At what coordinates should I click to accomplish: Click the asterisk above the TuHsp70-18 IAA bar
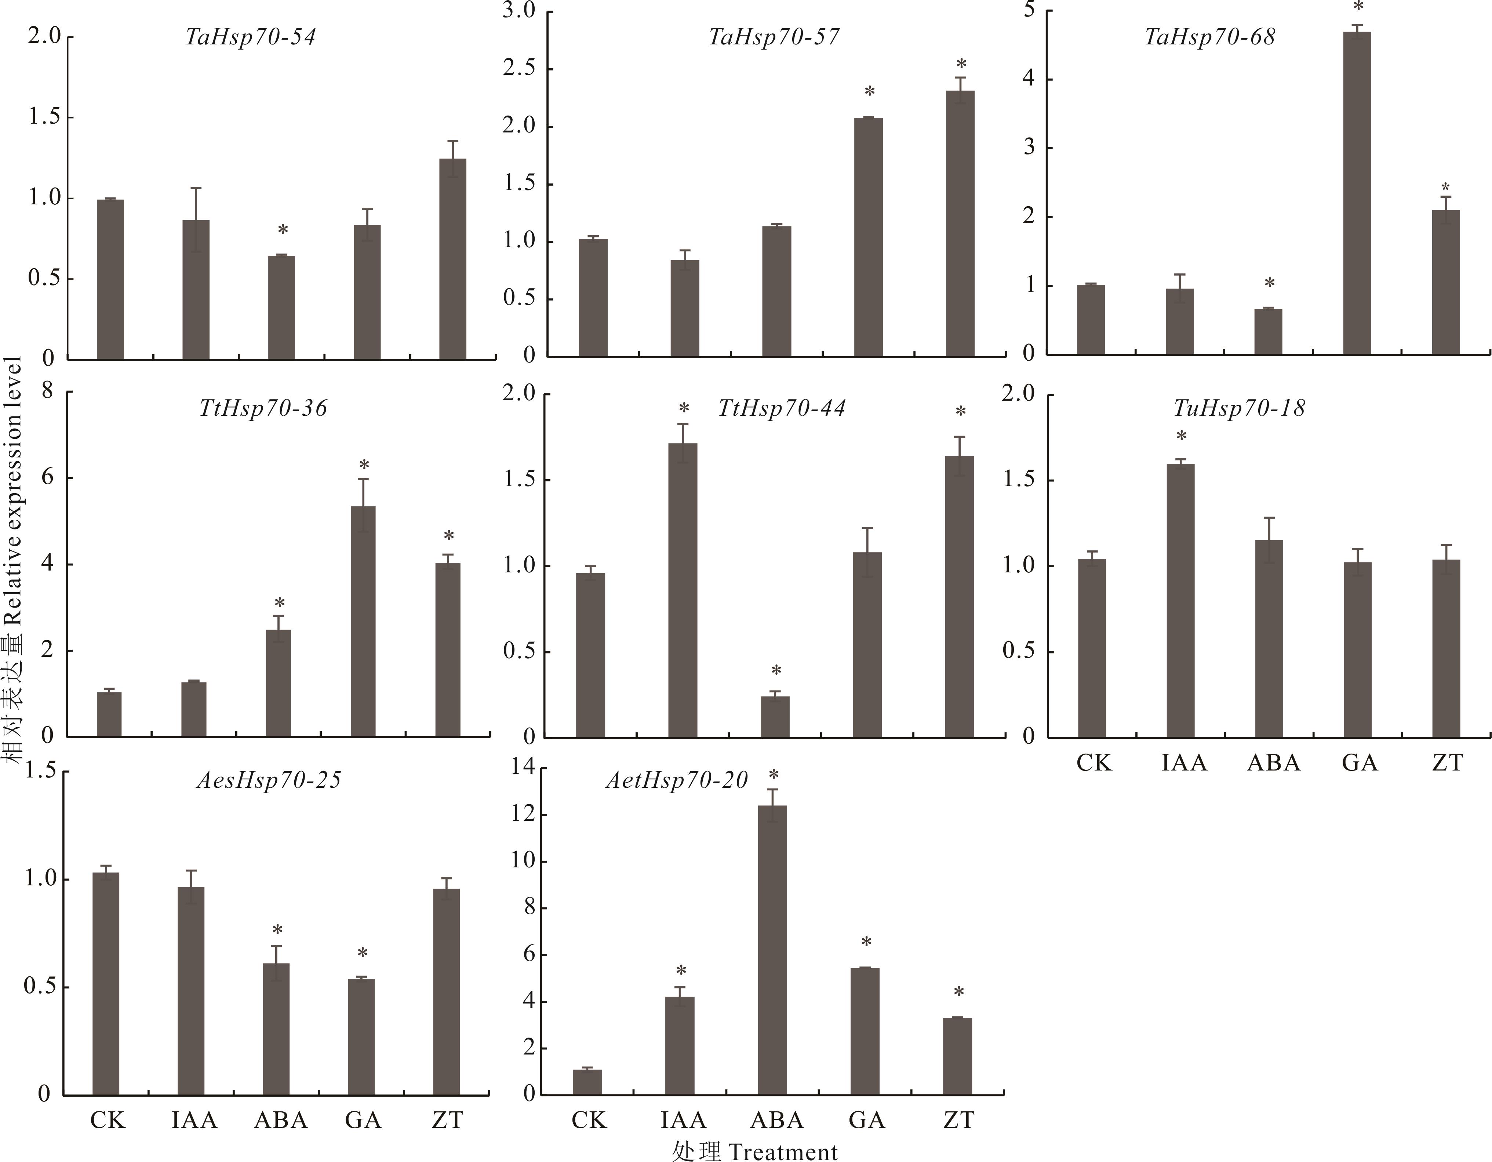1181,436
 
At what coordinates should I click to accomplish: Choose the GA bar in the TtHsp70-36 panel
363,622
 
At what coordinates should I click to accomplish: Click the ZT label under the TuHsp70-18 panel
1448,762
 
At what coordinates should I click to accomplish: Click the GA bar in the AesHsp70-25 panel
361,1037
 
